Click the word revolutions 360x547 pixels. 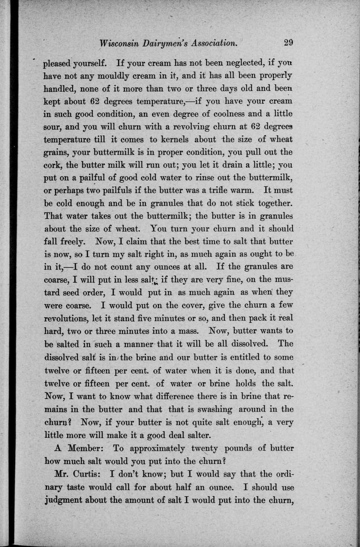coord(65,318)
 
